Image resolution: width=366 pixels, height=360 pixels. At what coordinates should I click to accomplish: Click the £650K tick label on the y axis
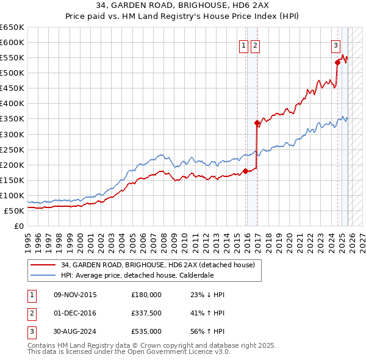pos(12,27)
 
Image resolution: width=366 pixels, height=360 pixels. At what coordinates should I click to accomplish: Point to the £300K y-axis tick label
pos(12,134)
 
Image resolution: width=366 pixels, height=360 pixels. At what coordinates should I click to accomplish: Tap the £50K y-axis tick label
pos(14,211)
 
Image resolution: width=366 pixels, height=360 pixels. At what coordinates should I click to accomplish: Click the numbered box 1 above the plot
pos(243,45)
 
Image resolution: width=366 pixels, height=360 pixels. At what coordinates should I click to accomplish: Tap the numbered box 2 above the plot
pos(254,45)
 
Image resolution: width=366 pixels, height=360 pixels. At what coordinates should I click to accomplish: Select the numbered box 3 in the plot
pos(335,45)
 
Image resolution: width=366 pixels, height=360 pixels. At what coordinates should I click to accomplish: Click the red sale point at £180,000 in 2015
pos(245,171)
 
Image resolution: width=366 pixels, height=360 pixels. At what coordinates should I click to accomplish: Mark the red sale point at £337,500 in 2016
pos(257,123)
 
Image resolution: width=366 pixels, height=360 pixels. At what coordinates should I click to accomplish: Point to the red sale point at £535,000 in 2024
pos(337,62)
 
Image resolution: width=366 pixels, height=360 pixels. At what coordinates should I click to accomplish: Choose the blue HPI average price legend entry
pos(137,275)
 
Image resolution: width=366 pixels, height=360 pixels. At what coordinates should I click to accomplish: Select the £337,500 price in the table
pos(146,314)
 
